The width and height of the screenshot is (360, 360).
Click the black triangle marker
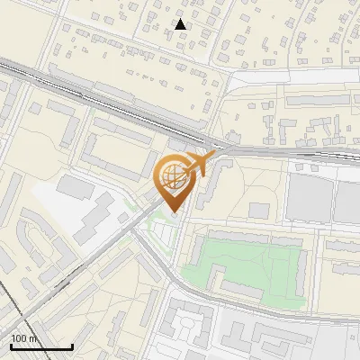[x=182, y=23]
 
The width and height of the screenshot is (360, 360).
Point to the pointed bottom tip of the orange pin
[x=173, y=213]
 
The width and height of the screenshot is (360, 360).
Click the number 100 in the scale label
[x=18, y=338]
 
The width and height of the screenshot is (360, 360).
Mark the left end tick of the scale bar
[x=10, y=346]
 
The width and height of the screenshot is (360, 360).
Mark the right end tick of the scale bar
[x=72, y=346]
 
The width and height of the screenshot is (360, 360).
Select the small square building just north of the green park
[x=259, y=211]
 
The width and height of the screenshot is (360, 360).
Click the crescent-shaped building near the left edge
[x=27, y=247]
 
